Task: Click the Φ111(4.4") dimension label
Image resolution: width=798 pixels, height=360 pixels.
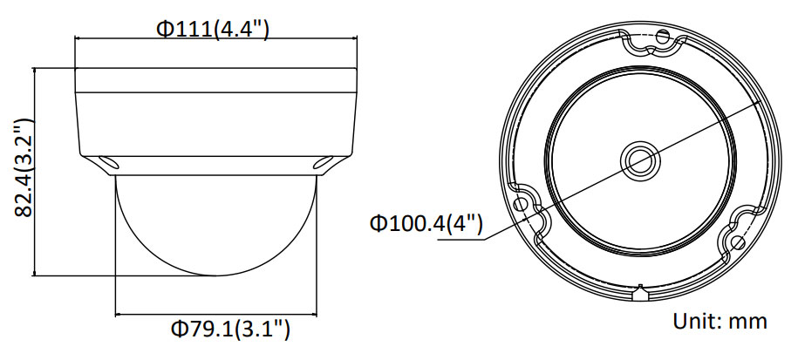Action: click(x=212, y=29)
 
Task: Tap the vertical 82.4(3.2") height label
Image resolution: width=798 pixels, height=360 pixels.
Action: click(x=24, y=168)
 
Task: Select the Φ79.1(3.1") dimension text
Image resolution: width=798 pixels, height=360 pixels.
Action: click(x=230, y=329)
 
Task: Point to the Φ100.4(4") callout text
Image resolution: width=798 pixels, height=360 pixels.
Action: click(x=426, y=223)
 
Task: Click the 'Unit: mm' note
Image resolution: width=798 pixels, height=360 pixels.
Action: click(x=720, y=322)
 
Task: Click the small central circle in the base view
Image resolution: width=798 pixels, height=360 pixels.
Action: click(x=640, y=160)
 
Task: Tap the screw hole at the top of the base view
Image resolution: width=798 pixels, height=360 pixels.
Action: click(x=662, y=37)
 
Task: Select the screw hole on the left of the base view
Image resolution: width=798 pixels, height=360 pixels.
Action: click(x=521, y=205)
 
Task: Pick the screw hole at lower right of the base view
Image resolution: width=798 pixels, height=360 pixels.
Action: click(x=738, y=242)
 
